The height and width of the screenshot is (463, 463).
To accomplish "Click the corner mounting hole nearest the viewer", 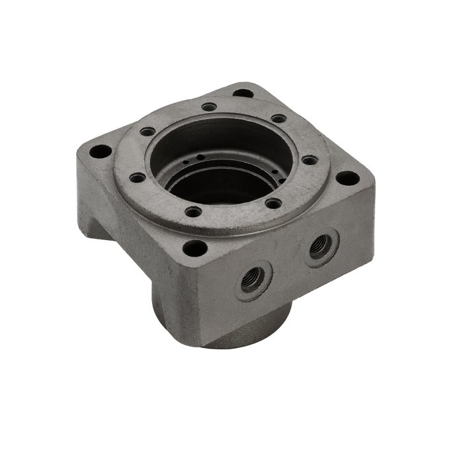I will click(194, 249).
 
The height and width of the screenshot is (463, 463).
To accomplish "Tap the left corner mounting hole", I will click(99, 151).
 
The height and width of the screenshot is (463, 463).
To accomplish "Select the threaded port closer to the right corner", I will click(321, 245).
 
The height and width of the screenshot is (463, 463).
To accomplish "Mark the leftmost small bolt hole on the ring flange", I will click(137, 177).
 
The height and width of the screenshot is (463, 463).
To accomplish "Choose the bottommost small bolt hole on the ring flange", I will click(192, 213).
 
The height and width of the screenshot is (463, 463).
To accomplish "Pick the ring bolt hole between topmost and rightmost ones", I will click(278, 119).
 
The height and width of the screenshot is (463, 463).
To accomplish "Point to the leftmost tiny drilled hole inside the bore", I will click(189, 159).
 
